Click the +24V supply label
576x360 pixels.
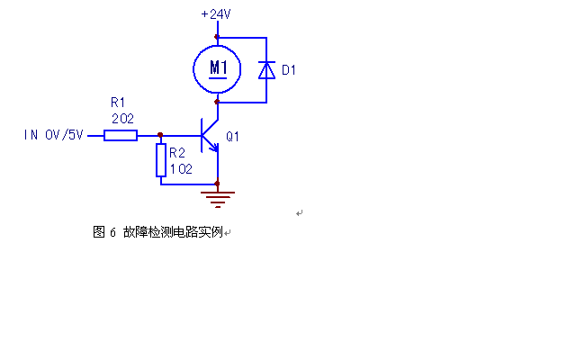click(216, 14)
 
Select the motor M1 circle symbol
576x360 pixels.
click(193, 68)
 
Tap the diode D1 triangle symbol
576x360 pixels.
click(266, 70)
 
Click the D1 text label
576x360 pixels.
click(289, 70)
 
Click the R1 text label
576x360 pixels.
click(118, 102)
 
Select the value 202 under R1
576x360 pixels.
click(122, 119)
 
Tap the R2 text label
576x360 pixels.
click(177, 152)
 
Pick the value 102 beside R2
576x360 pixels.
click(181, 169)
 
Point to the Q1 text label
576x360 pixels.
click(232, 137)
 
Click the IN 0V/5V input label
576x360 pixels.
click(54, 135)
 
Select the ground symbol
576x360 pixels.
click(218, 200)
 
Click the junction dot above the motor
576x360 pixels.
click(217, 37)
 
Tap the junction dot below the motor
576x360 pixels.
click(217, 102)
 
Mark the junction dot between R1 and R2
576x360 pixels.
click(160, 135)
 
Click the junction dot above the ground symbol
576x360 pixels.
click(217, 184)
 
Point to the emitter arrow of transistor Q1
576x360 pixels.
click(213, 148)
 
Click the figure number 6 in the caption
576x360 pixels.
click(112, 232)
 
